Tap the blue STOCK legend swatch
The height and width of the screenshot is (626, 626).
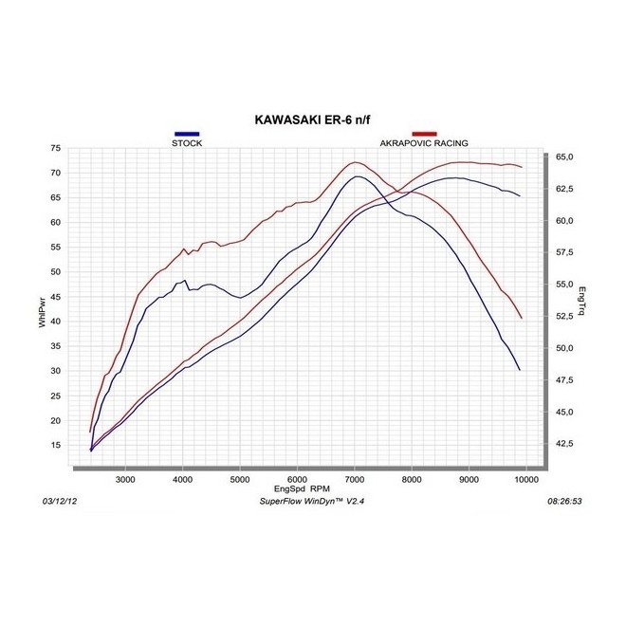pos(187,135)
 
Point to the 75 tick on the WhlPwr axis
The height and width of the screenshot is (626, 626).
pos(55,149)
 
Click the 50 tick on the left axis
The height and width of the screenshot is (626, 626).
pos(55,272)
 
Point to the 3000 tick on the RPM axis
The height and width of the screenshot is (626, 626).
pos(126,480)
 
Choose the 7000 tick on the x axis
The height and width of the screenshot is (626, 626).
pos(355,480)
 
